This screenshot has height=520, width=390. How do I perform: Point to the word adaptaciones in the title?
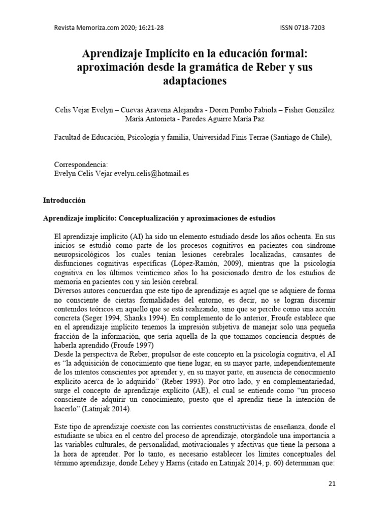point(194,81)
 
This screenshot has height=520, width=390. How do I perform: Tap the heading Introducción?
point(64,200)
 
